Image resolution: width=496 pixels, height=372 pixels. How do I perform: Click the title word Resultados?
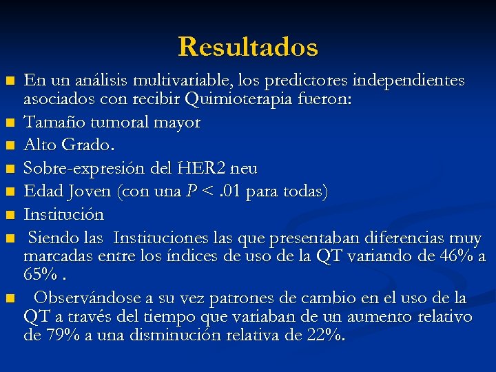(x=248, y=47)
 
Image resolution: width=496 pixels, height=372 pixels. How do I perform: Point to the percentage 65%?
(x=41, y=275)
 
